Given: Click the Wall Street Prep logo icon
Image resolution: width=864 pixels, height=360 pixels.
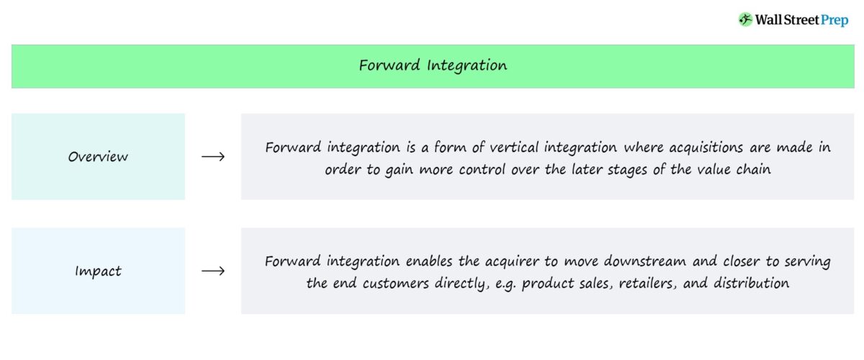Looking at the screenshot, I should pyautogui.click(x=745, y=19).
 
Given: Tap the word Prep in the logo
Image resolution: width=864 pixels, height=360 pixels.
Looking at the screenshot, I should pyautogui.click(x=834, y=20).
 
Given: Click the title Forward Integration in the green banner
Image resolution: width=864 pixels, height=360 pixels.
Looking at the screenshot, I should pyautogui.click(x=433, y=66).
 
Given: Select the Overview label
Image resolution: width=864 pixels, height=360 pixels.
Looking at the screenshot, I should pyautogui.click(x=98, y=156).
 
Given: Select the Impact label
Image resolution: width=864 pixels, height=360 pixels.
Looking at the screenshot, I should pyautogui.click(x=98, y=271).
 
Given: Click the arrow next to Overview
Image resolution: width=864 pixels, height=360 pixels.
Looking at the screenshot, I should pyautogui.click(x=213, y=156).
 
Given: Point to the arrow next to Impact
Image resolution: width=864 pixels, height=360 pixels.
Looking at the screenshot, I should pyautogui.click(x=213, y=271).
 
